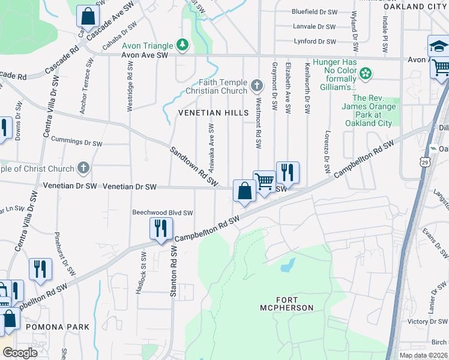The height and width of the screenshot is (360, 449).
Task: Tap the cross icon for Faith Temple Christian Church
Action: click(x=257, y=86)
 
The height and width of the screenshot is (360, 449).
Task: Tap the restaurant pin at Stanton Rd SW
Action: click(x=161, y=229)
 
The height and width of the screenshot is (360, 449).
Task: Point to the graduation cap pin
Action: click(x=438, y=46)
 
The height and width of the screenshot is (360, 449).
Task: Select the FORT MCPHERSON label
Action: click(x=294, y=304)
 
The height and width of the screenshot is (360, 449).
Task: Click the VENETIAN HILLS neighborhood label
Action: click(x=212, y=113)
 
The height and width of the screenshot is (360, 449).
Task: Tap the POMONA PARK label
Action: click(x=61, y=327)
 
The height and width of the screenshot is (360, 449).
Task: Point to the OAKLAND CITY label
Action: click(x=415, y=7)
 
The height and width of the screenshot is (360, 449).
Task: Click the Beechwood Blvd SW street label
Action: click(x=163, y=212)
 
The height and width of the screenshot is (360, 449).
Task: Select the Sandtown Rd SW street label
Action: click(x=193, y=167)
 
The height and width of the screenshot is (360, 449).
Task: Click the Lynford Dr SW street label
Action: click(x=315, y=41)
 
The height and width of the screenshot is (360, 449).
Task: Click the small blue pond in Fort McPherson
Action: click(x=287, y=265)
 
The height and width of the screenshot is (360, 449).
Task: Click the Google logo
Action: click(x=19, y=353)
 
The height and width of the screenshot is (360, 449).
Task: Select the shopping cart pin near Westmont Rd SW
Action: click(x=265, y=181)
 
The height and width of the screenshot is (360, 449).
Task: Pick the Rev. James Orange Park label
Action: click(x=372, y=110)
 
